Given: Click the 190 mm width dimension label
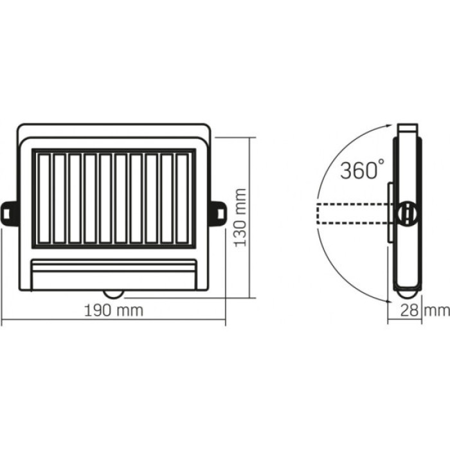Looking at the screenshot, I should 114,310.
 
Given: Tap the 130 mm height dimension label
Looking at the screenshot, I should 240,217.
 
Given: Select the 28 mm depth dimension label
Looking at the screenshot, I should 424,310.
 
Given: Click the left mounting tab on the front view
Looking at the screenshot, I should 9,212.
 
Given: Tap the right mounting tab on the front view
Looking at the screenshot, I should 218,212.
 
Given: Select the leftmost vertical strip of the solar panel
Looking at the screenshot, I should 44,199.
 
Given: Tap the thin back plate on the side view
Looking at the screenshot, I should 390,212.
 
